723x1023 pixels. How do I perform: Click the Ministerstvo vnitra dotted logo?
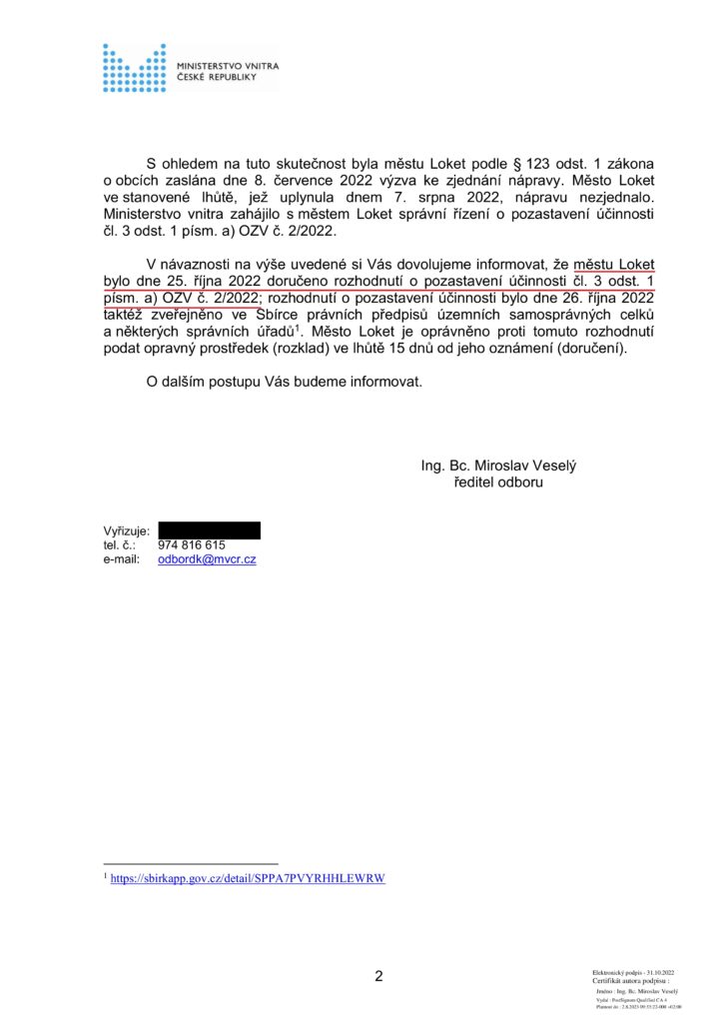[134, 68]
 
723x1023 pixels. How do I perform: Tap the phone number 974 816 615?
[192, 545]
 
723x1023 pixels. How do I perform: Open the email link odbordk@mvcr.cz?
[207, 560]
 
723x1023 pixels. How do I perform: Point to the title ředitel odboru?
[498, 483]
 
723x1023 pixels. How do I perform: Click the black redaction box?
[209, 530]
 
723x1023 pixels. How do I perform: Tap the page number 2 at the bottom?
[378, 976]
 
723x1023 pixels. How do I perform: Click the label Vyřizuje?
[126, 530]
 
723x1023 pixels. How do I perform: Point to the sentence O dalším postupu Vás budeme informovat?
[285, 383]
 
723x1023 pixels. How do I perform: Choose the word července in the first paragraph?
[297, 181]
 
